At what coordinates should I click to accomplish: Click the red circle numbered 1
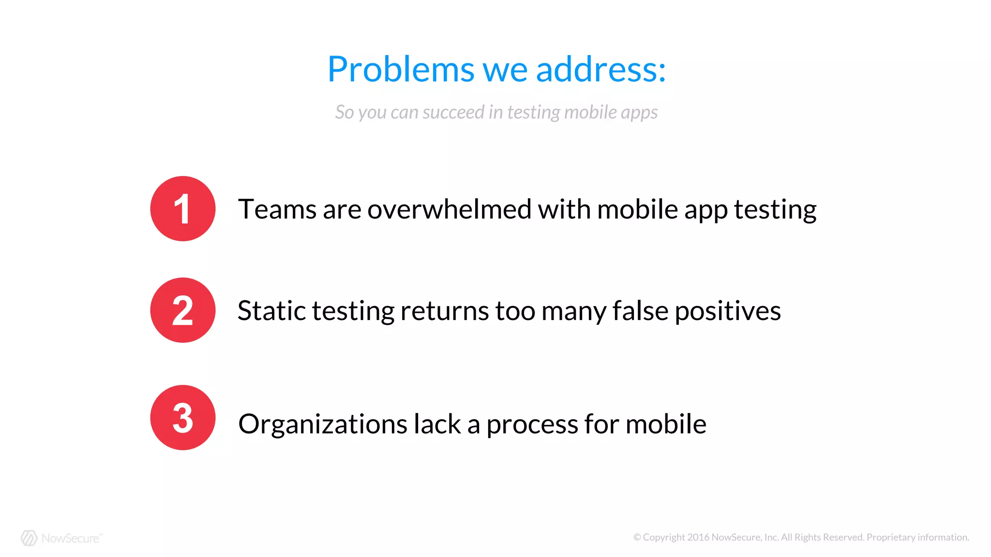(182, 208)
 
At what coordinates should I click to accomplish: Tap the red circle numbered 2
(182, 310)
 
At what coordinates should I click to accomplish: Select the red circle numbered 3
(182, 417)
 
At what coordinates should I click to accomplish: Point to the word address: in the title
(601, 69)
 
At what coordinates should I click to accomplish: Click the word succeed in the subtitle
(453, 112)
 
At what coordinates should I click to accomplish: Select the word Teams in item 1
(277, 209)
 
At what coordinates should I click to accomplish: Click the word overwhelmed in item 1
(450, 209)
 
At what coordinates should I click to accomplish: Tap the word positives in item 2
(727, 311)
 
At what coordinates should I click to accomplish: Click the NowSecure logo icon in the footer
(29, 538)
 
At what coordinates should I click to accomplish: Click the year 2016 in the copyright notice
(698, 537)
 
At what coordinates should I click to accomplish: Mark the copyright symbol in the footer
(637, 537)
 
